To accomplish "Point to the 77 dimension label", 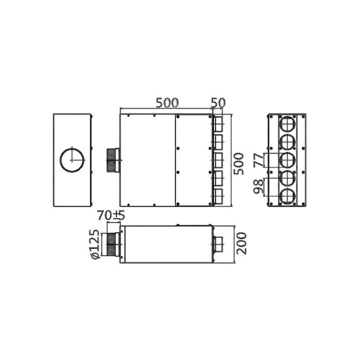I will tap(259, 160).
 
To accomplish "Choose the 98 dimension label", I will tap(259, 186).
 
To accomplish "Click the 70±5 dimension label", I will tap(110, 216).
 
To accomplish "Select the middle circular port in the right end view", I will tap(287, 160).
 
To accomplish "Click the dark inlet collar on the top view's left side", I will tap(113, 160).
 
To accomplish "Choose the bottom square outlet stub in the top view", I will tap(218, 197).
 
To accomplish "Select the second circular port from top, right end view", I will tap(287, 142).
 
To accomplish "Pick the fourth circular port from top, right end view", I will tap(287, 178).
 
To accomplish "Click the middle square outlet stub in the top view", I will tap(218, 160).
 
